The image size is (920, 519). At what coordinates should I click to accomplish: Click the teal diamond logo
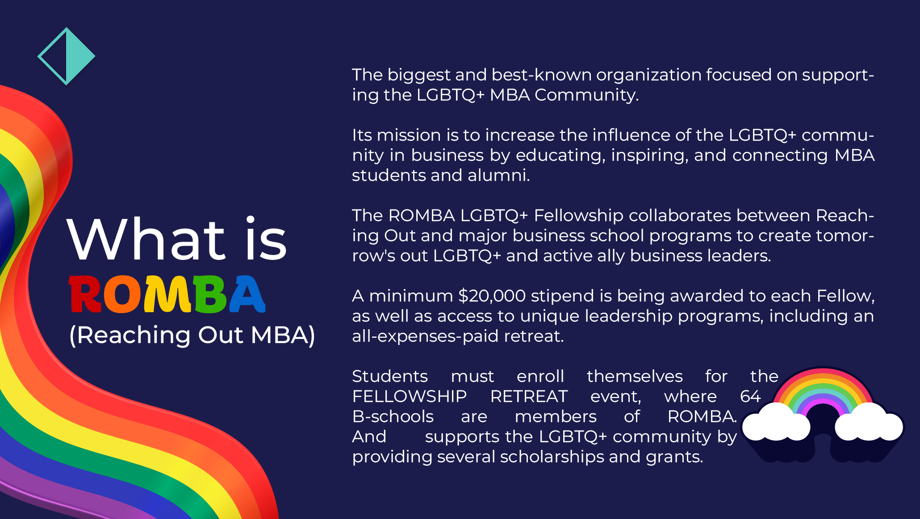point(67,56)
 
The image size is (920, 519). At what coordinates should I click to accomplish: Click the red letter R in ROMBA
point(85,294)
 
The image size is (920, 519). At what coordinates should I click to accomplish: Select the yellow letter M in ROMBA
point(167,294)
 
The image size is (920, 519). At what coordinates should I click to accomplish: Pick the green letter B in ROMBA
point(209,294)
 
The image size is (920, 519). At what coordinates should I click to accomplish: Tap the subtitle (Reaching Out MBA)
point(192,335)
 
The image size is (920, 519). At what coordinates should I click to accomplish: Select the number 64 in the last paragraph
point(750,396)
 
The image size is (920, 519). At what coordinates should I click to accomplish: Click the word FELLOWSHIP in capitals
point(409,396)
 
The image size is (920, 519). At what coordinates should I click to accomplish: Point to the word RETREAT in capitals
point(529,396)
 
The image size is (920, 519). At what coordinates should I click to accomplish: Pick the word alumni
point(498,175)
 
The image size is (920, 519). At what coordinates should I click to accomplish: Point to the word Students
point(390,376)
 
